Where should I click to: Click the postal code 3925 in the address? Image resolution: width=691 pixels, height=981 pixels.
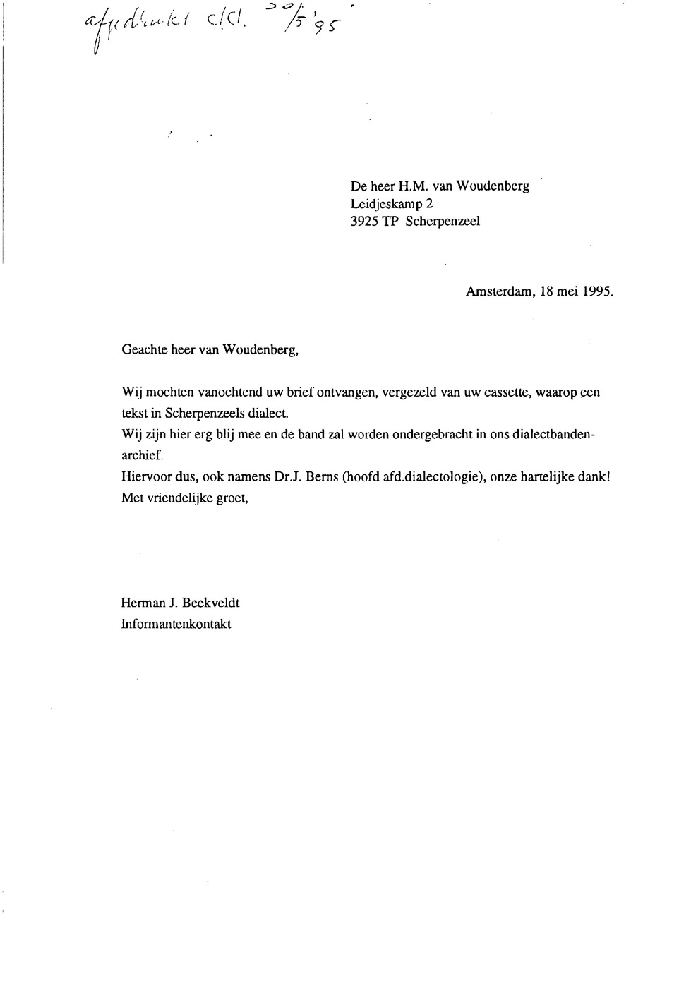[364, 220]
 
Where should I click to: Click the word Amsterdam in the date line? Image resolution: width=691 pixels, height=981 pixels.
[498, 294]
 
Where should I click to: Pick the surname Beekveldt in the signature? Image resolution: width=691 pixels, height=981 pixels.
[211, 603]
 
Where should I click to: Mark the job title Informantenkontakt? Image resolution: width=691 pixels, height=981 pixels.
[176, 624]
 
